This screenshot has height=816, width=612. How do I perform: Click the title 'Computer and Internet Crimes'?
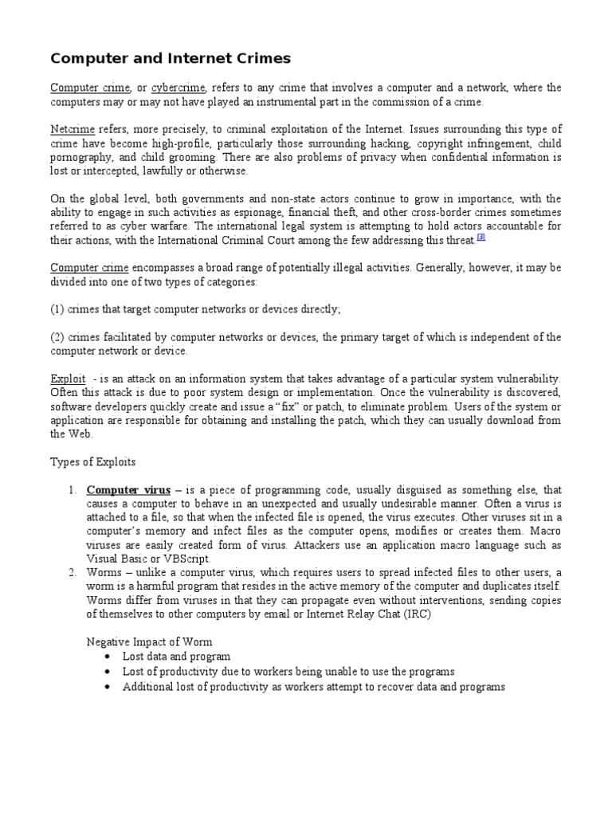171,58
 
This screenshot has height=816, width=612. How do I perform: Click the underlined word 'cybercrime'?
178,88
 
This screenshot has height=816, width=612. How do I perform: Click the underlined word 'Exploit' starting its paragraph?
68,379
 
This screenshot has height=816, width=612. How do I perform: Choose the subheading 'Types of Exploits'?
93,462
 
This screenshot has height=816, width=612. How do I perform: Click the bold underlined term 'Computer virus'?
127,490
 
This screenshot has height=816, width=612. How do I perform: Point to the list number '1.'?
71,490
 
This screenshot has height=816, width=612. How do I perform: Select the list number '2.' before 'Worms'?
71,573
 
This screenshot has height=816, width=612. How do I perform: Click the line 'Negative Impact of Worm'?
149,642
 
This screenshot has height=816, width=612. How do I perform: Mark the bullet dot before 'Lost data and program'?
108,657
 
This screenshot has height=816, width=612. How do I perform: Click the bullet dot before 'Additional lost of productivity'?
108,687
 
